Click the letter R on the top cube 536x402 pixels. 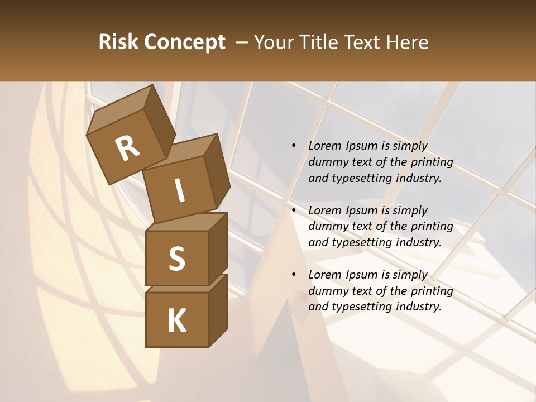(127, 149)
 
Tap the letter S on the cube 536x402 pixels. (176, 259)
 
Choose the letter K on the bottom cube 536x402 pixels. (176, 321)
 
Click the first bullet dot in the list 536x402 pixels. (294, 146)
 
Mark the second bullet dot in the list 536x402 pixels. (294, 211)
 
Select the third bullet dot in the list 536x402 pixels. (294, 275)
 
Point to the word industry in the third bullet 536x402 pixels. (418, 307)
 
